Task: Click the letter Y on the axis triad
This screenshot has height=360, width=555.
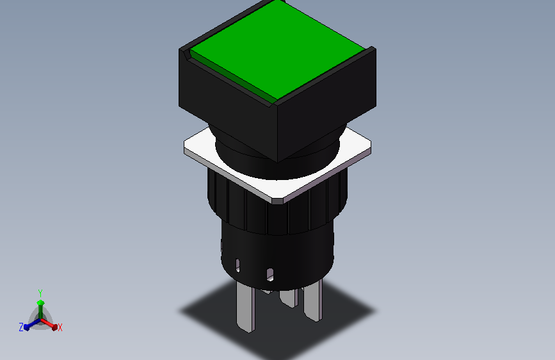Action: click(x=40, y=293)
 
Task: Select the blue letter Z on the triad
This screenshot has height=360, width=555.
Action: click(x=21, y=327)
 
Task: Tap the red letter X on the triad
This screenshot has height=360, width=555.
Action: click(x=60, y=328)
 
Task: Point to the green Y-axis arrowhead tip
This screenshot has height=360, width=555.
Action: click(x=41, y=302)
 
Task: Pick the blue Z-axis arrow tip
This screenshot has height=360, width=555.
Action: click(x=26, y=327)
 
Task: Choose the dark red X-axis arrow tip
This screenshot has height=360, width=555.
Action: click(x=54, y=327)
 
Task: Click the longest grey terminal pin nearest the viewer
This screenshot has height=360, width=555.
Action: click(x=246, y=306)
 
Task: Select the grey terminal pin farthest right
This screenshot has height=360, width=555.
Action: click(x=313, y=300)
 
